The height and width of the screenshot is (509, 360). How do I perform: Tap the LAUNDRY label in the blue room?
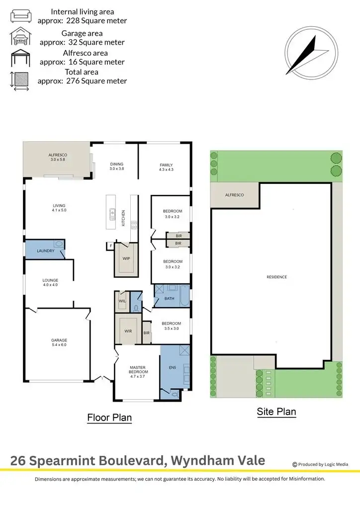(45, 251)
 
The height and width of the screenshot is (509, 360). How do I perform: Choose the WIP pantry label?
(126, 258)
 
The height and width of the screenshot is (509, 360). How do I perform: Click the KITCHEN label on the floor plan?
(124, 218)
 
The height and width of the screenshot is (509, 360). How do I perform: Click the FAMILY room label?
(166, 167)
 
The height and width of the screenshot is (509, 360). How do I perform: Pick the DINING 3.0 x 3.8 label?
(116, 167)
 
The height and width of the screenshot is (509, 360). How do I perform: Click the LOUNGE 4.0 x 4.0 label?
(50, 283)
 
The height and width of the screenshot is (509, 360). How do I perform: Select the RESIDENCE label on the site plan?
(276, 277)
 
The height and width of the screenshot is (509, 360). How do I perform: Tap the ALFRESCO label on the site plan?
(235, 195)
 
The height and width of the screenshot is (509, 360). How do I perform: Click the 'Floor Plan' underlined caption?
(109, 418)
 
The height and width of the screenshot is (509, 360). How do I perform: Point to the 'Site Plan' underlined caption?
(276, 412)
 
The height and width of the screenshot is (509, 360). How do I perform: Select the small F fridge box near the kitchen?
(111, 246)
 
